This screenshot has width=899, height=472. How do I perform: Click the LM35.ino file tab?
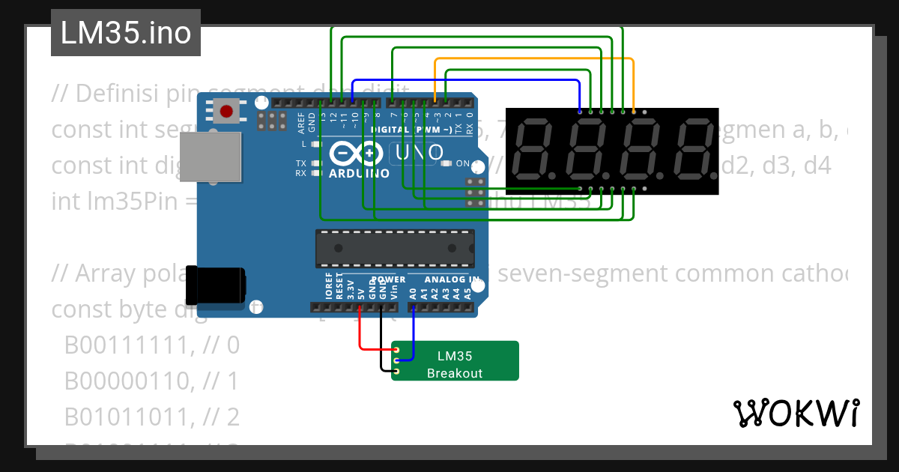(125, 34)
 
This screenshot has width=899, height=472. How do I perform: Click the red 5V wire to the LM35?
(361, 334)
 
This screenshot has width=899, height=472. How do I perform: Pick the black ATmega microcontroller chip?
(395, 248)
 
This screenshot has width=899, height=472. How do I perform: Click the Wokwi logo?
(795, 413)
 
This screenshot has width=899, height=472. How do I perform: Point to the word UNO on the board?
(415, 154)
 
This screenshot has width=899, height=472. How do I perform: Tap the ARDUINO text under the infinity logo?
(359, 173)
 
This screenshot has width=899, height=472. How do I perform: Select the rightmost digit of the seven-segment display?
(693, 151)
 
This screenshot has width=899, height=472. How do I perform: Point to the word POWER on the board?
(388, 279)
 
